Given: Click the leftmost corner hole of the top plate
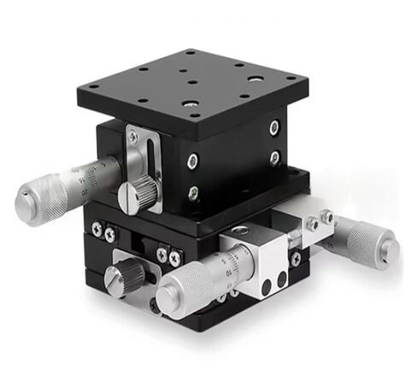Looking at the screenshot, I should click(94, 85).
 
